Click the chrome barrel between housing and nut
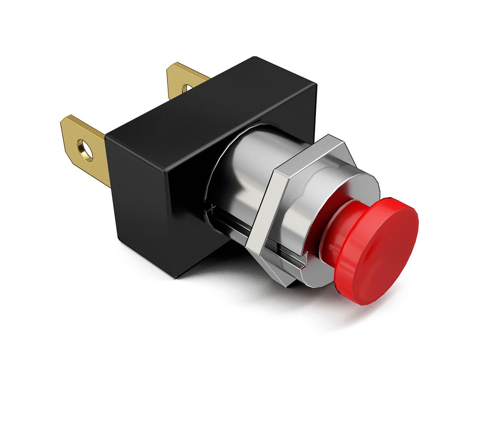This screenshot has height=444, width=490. [239, 163]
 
